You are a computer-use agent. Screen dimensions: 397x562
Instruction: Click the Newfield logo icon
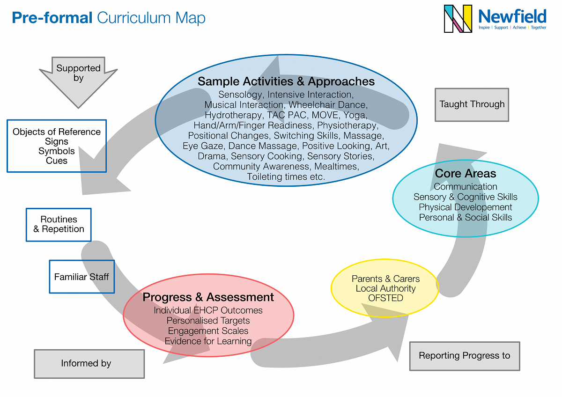pos(458,19)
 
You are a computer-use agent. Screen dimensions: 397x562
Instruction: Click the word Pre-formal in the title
pos(52,18)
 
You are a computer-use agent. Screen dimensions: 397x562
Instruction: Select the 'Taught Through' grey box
pos(472,104)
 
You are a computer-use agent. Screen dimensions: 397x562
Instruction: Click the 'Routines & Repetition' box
pos(59,224)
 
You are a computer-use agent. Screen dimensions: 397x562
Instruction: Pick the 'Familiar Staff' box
pos(81,277)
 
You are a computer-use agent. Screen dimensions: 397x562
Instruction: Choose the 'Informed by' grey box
pos(89,363)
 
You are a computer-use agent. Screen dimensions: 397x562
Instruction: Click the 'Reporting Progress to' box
pos(464,356)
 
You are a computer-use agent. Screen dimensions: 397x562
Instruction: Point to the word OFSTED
pos(385,299)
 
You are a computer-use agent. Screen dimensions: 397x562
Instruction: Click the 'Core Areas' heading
pos(465,173)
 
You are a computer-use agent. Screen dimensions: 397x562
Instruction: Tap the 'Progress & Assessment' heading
pos(208,297)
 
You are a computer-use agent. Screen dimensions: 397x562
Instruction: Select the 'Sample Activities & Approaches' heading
pos(286,81)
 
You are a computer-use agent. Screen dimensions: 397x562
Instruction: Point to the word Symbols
pos(57,151)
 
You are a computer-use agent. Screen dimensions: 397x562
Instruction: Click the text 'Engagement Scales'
pos(208,331)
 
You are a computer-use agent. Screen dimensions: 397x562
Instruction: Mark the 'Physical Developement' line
pos(465,207)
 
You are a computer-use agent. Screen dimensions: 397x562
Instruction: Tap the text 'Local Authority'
pos(385,288)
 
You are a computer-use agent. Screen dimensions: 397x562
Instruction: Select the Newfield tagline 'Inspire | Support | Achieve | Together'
pos(512,28)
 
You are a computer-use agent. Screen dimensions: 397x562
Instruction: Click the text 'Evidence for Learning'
pos(208,341)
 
